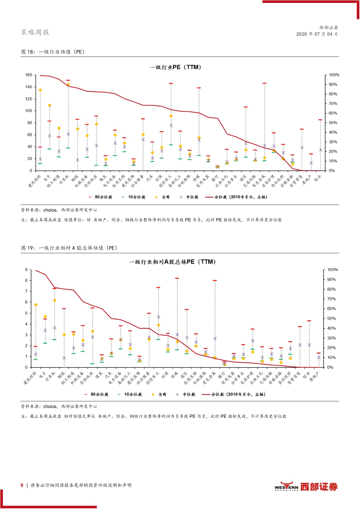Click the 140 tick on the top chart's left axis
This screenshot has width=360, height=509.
point(29,87)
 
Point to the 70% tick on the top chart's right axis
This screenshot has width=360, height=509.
point(333,104)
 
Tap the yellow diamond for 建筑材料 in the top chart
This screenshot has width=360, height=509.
point(40,90)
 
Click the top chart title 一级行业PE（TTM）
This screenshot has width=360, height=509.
point(176,67)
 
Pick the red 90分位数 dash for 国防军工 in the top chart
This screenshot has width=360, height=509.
point(171,84)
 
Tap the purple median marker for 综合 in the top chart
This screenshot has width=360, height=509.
point(321,150)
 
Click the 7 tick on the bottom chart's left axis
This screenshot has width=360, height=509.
point(26,291)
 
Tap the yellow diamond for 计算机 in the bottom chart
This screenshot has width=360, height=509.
point(55,300)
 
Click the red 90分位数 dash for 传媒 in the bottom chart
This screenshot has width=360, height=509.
point(177,278)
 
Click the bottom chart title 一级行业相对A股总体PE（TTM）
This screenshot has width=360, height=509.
point(172,262)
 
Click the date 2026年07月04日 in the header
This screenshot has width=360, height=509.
point(317,34)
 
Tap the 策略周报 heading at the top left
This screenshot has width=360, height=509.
point(35,32)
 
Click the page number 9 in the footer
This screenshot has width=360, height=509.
point(22,485)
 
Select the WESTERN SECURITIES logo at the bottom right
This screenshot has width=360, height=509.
point(306,487)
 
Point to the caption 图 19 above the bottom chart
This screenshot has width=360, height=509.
point(28,248)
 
